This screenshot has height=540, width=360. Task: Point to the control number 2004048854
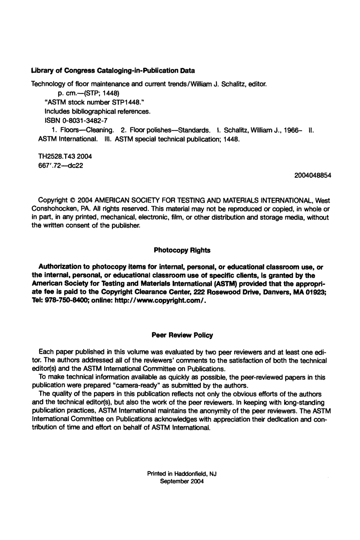[x=312, y=175]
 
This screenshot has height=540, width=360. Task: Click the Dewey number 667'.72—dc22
[x=57, y=166]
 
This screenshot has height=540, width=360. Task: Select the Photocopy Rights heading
[x=182, y=250]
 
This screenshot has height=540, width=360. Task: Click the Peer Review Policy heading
[x=182, y=335]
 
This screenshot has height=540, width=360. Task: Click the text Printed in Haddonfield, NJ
[x=182, y=474]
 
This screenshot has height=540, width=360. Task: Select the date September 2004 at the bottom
[x=182, y=482]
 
